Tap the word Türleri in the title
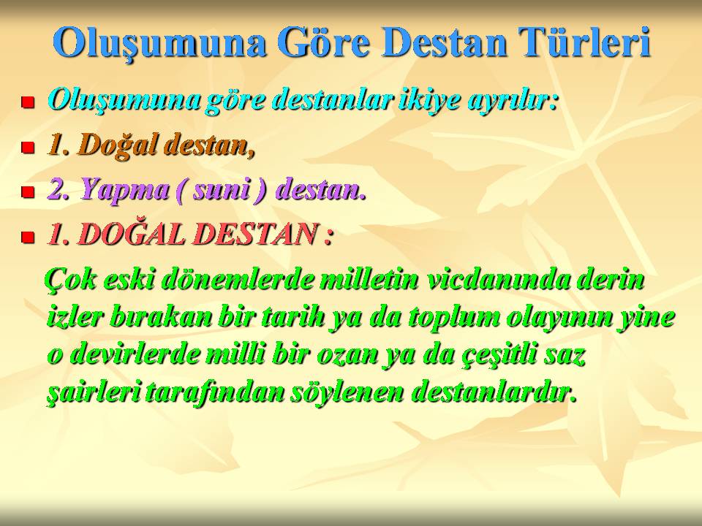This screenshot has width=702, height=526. click(584, 42)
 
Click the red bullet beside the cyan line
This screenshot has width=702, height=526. click(28, 102)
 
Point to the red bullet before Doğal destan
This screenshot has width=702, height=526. click(28, 147)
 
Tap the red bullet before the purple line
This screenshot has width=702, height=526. click(28, 192)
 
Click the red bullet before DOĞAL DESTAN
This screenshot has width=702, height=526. click(28, 237)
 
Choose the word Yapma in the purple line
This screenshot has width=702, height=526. click(124, 190)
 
